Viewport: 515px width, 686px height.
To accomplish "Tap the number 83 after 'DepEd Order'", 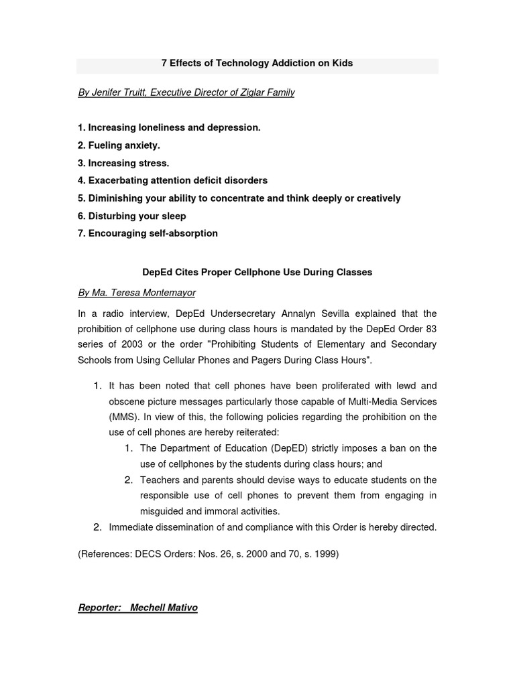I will coord(430,329).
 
